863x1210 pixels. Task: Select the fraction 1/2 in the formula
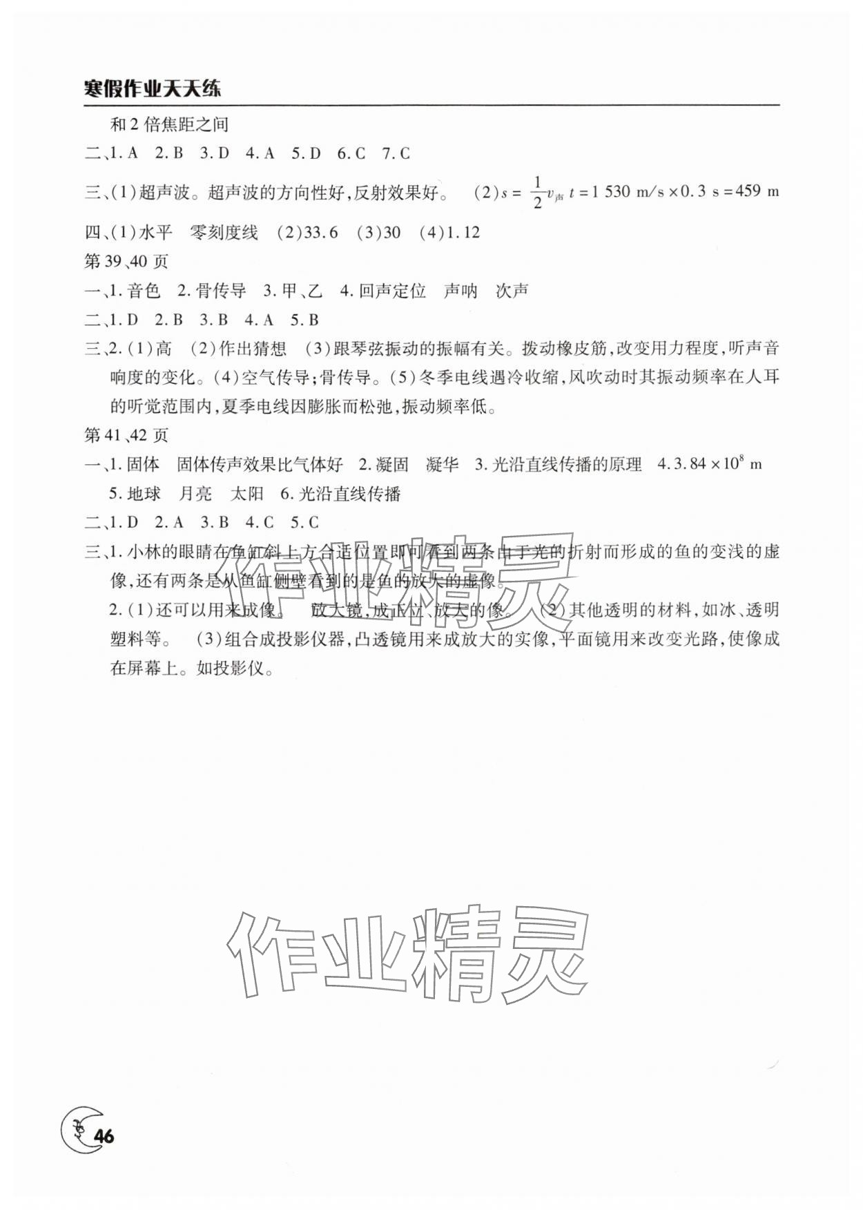click(x=537, y=193)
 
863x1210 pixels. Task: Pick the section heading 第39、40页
click(x=126, y=262)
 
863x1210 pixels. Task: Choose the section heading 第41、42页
click(x=126, y=435)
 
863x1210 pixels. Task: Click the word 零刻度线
click(x=224, y=233)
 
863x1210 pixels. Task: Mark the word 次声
click(x=512, y=291)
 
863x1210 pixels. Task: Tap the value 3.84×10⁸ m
click(x=718, y=464)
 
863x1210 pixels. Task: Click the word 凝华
click(x=442, y=464)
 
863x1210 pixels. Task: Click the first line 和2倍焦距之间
click(x=169, y=124)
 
